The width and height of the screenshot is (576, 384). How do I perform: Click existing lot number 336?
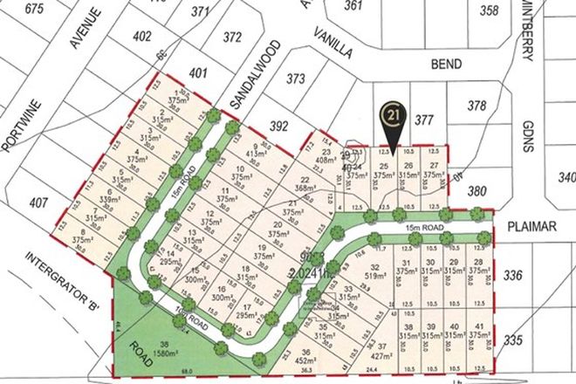point(512,277)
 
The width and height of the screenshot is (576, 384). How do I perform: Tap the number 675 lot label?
point(35,10)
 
